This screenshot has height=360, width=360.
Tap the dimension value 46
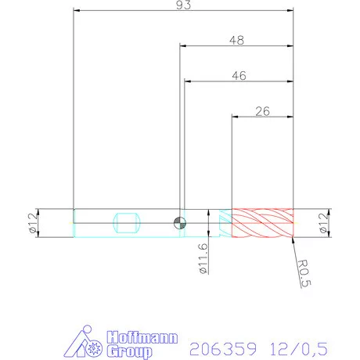[240, 75]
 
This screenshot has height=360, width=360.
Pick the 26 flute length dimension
[263, 111]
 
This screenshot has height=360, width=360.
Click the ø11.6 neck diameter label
[203, 259]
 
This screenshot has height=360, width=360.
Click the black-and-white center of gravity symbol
[180, 223]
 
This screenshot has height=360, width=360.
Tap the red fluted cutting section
[262, 223]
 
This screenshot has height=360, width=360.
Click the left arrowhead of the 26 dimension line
[233, 117]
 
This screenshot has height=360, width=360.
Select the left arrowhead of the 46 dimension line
[187, 81]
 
